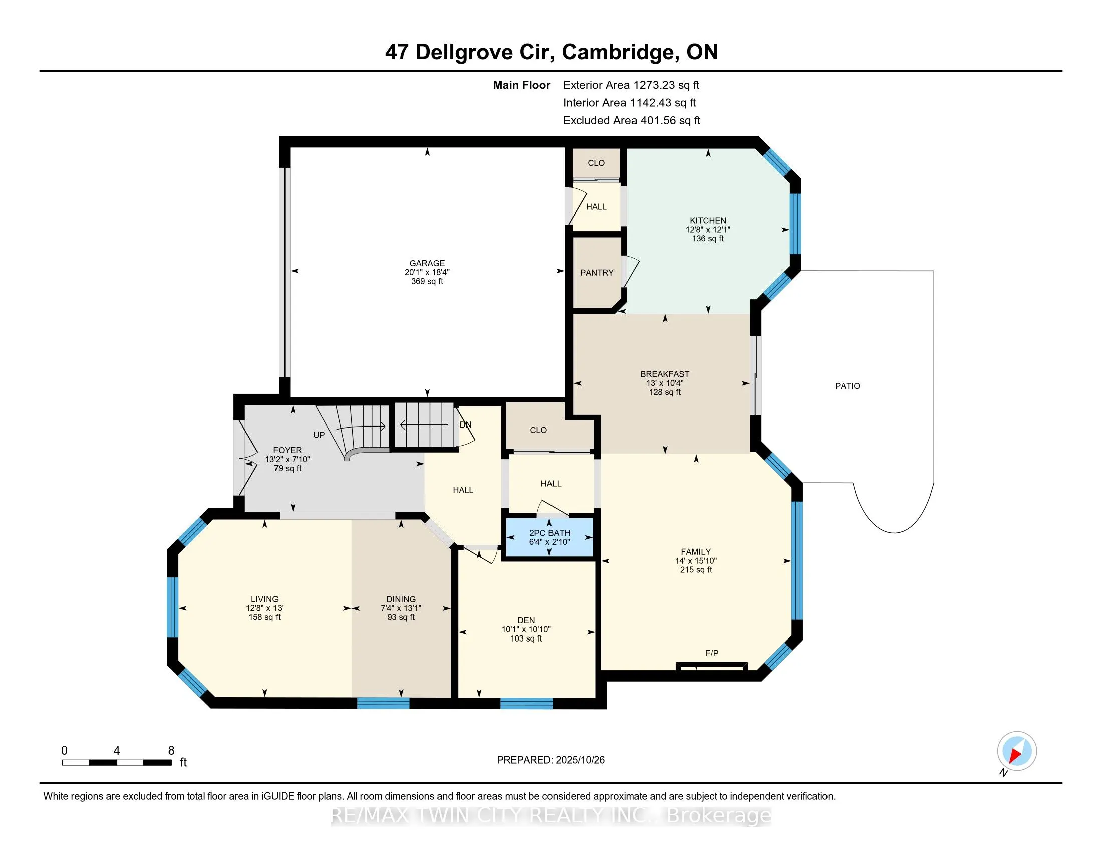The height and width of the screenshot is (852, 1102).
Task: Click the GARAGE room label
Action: pos(427,263)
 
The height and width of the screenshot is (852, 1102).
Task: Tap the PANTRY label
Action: pos(597,273)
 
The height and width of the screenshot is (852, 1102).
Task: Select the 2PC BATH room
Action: pos(549,538)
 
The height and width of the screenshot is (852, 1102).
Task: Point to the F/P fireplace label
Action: pos(711,653)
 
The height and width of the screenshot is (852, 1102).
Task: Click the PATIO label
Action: pos(847,386)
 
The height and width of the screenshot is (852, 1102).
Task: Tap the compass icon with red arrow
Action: pos(1016,751)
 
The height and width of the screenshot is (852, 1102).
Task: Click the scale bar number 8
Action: pos(171,751)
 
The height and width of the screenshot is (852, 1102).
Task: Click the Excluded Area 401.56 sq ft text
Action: pos(631,121)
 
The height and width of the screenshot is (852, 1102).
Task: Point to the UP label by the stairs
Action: pos(319,435)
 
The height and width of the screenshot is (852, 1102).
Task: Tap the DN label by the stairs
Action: pos(465,425)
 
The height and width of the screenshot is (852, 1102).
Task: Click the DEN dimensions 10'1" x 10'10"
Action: pos(526,629)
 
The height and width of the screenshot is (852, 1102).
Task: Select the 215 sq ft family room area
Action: pos(696,570)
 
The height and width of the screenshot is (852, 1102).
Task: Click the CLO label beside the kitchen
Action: pos(596,163)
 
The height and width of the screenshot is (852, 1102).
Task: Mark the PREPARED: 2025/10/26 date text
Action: pos(550,760)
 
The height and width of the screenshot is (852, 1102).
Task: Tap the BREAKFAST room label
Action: pos(665,374)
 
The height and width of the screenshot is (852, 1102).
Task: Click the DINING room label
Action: pos(401,599)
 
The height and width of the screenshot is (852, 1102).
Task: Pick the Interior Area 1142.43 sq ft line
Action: pos(629,103)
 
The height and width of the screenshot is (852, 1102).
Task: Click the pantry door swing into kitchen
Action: pos(631,272)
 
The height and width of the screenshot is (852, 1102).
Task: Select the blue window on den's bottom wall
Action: pos(526,704)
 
